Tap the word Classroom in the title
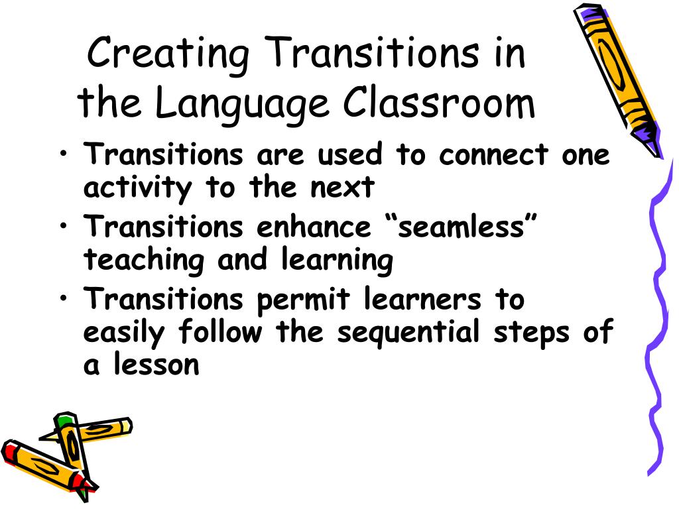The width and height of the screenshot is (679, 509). tap(439, 103)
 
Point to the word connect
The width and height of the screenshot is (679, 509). tap(493, 155)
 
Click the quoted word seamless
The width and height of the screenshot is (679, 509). tap(460, 227)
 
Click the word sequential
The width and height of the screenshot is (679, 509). tap(407, 332)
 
